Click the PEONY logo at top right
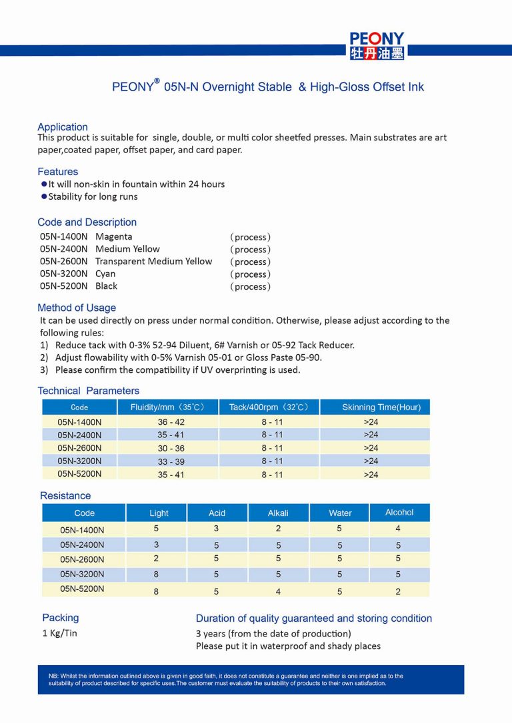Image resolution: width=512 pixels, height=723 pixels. [377, 45]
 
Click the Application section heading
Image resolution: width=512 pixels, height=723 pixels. [63, 127]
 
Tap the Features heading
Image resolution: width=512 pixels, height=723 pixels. [58, 172]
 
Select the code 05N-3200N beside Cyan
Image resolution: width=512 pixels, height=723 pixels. [64, 274]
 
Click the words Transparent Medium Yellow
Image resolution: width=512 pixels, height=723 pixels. [154, 261]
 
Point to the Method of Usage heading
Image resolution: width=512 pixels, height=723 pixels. [77, 308]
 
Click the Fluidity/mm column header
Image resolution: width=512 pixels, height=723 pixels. [168, 407]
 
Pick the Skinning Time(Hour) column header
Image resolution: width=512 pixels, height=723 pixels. [381, 407]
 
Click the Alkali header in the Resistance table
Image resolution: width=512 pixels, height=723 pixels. [278, 513]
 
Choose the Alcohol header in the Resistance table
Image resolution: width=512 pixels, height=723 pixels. [399, 513]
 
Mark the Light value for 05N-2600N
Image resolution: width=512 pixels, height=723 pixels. [156, 559]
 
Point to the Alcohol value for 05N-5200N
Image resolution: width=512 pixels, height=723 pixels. [398, 591]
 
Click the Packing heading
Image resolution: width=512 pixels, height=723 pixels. [60, 618]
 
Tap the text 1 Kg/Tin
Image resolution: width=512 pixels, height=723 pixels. [59, 633]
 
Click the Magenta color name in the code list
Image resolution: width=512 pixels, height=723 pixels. [114, 236]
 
